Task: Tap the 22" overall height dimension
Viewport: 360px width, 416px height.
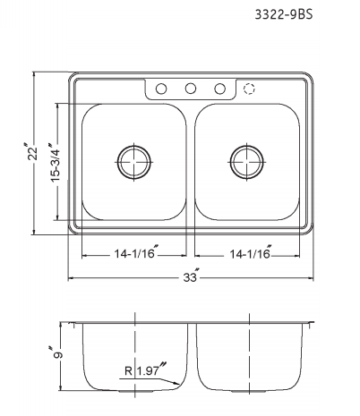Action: (33, 154)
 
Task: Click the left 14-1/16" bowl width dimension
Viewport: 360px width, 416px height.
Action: (134, 255)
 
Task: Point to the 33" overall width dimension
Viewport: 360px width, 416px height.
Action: (190, 278)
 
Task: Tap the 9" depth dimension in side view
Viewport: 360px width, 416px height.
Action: (58, 355)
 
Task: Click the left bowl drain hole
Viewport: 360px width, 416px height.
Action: (134, 162)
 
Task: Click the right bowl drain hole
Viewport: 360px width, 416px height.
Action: (246, 162)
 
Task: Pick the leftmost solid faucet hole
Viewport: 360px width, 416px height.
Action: (161, 89)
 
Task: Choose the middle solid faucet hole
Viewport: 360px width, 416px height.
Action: (191, 89)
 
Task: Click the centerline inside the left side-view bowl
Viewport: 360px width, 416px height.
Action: (134, 340)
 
